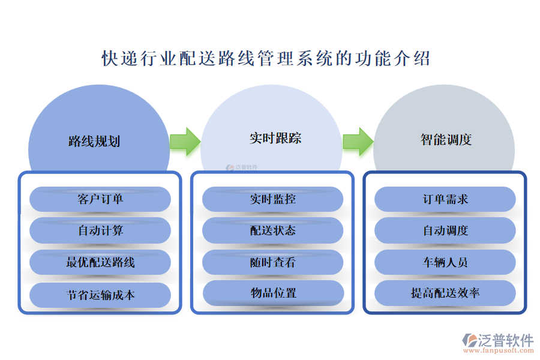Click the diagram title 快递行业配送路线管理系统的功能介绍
coord(266,59)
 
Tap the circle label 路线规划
coord(94,141)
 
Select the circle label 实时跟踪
coord(275,138)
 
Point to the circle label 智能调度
coord(446,139)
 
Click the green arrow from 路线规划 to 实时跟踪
coord(185,142)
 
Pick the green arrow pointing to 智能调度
coord(358,142)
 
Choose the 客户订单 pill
coord(100,199)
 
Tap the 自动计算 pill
coord(100,230)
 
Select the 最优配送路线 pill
coord(100,262)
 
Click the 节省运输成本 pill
coord(100,295)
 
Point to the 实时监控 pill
coord(273,199)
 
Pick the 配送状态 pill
coord(273,230)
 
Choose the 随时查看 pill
coord(273,262)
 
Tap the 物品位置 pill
coord(273,293)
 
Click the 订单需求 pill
coord(445,199)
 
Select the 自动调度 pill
coord(445,230)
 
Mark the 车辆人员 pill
coord(445,262)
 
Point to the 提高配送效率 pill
coord(445,293)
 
